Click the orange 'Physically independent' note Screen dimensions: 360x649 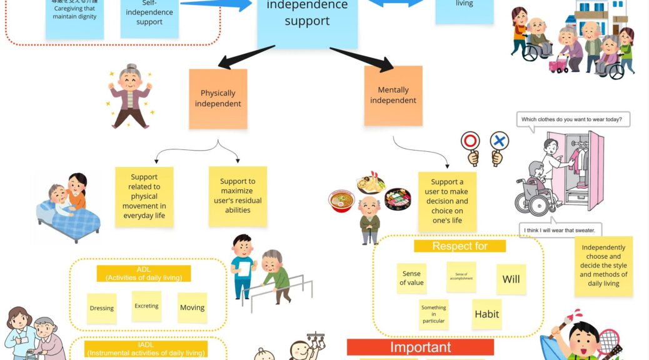218,99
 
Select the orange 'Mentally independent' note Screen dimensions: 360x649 393,96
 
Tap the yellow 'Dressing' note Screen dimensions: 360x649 101,308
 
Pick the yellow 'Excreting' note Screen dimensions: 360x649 146,306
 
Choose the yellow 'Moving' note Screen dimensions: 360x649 192,307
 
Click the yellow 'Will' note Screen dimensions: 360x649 511,279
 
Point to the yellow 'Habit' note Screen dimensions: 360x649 486,314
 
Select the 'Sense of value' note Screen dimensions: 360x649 411,278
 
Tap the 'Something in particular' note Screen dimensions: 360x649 433,314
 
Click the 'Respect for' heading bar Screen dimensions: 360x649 460,246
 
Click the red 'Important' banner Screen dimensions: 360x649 420,347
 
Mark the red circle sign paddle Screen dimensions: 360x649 470,142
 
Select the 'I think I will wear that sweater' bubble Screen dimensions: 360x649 560,231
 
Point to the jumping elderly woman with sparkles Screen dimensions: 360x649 130,96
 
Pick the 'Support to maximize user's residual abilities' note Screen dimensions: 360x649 238,196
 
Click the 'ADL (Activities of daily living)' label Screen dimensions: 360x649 143,273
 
